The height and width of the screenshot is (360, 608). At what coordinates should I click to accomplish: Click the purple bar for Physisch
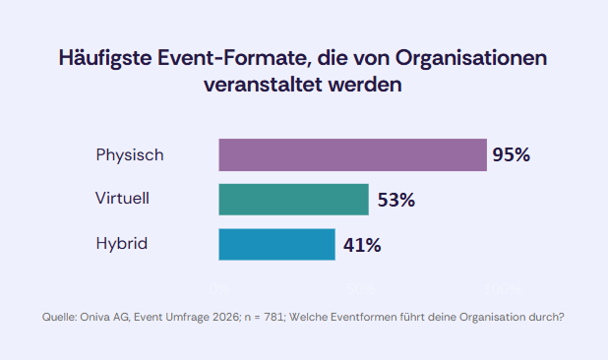tap(352, 155)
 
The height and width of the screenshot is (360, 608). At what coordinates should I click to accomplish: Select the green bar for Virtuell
tap(293, 200)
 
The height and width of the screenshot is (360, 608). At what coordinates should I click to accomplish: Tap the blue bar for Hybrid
tap(275, 244)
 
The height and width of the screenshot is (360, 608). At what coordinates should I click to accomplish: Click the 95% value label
tap(512, 155)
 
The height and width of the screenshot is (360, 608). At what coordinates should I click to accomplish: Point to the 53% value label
tap(396, 200)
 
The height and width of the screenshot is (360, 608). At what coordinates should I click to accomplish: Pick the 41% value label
tap(362, 245)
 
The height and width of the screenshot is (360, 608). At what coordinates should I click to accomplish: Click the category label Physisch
tap(129, 155)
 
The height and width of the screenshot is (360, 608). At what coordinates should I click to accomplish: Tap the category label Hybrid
tap(121, 244)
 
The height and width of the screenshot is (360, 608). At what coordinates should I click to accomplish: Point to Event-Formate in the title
tap(231, 58)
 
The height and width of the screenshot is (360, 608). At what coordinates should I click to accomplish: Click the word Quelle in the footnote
tap(59, 317)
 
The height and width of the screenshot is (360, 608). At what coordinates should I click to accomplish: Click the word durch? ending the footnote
tap(545, 317)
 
